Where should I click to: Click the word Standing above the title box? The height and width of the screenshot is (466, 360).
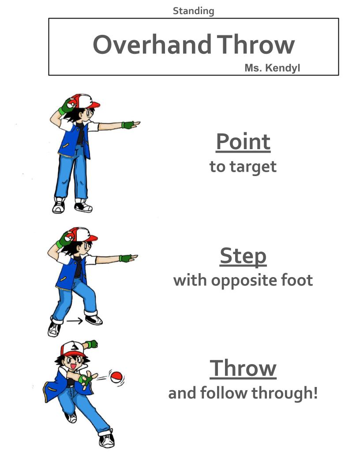coord(193,11)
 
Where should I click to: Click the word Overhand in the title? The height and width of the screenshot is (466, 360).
coord(152,45)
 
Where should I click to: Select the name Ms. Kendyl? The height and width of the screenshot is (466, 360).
coord(272,68)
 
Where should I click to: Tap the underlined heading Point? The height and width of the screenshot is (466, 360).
coord(243,142)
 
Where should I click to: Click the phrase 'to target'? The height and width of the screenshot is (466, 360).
coord(243,167)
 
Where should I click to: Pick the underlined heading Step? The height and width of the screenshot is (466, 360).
coord(243,256)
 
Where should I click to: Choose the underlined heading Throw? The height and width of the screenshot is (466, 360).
coord(243,368)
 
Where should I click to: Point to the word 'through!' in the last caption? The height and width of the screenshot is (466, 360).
coord(285,393)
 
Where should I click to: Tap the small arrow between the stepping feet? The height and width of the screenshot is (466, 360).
coord(74,321)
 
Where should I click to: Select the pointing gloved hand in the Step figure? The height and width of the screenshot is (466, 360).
coord(128,258)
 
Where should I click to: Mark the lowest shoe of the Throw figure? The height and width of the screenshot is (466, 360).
coord(107,439)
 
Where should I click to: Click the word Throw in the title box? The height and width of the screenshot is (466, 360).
coord(256,45)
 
